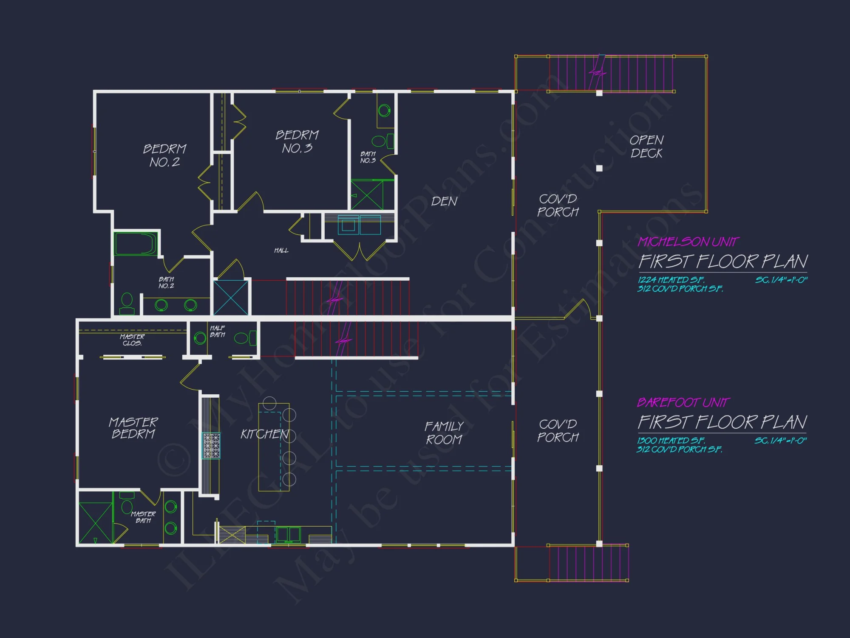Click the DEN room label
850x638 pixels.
point(444,201)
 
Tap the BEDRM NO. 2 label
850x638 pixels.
point(164,155)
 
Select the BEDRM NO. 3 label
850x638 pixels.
point(297,142)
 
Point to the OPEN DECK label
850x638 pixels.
point(646,147)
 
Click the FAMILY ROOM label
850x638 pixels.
point(444,433)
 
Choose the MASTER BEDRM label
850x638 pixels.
point(133,428)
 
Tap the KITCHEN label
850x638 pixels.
point(264,434)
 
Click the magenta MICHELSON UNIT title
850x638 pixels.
point(688,242)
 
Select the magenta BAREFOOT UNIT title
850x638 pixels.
point(683,402)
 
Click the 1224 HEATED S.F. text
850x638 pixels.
point(671,280)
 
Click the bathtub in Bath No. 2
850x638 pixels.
point(136,244)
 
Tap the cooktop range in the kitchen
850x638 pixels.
point(211,446)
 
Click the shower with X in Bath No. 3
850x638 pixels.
point(367,195)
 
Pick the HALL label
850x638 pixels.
point(281,251)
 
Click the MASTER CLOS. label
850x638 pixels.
point(132,340)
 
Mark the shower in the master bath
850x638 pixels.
point(96,523)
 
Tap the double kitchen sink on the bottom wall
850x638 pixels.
point(289,534)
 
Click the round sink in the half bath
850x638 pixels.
point(200,339)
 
